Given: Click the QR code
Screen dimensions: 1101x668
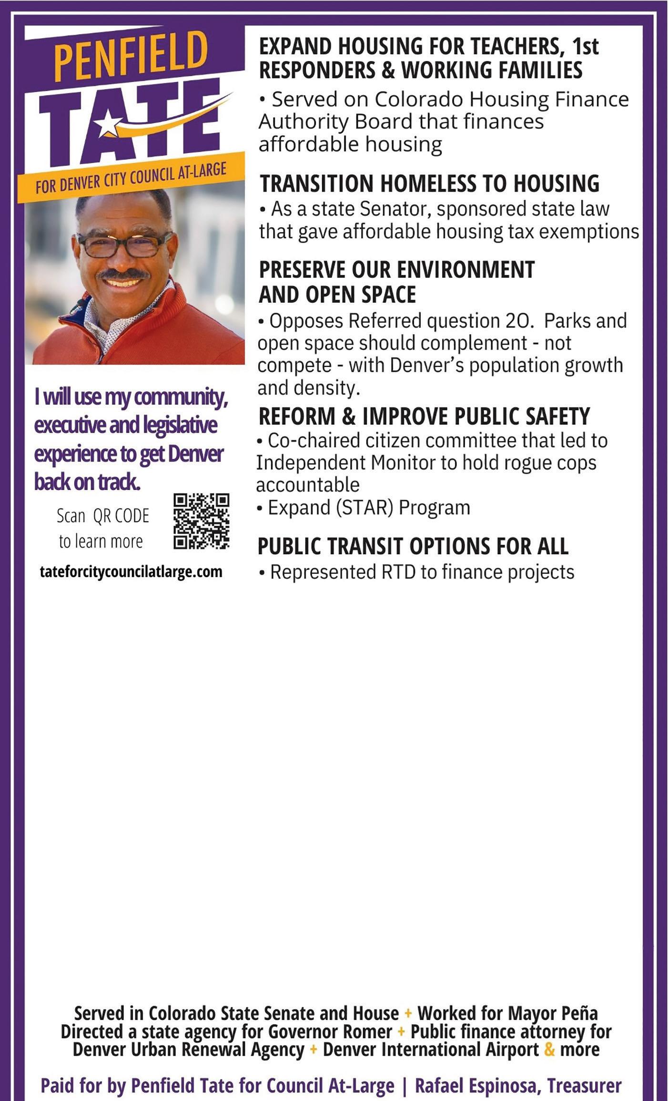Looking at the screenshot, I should [x=201, y=520].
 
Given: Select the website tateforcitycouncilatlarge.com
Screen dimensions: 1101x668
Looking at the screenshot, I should [x=131, y=571].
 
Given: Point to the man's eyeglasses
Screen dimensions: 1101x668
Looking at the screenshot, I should [x=125, y=245].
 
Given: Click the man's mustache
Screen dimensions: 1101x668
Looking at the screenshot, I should [x=123, y=274].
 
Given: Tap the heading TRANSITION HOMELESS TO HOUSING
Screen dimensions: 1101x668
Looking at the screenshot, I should [x=429, y=184].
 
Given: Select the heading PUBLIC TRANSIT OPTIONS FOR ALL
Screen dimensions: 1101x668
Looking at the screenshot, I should [x=413, y=546].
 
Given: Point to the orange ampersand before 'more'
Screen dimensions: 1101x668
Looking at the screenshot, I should [x=549, y=1049].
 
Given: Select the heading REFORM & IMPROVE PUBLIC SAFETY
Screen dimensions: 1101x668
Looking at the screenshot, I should [x=424, y=416].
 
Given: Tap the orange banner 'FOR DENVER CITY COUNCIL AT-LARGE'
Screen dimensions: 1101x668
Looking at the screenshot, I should [x=131, y=179].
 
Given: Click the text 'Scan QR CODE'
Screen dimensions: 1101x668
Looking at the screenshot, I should [x=102, y=516].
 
